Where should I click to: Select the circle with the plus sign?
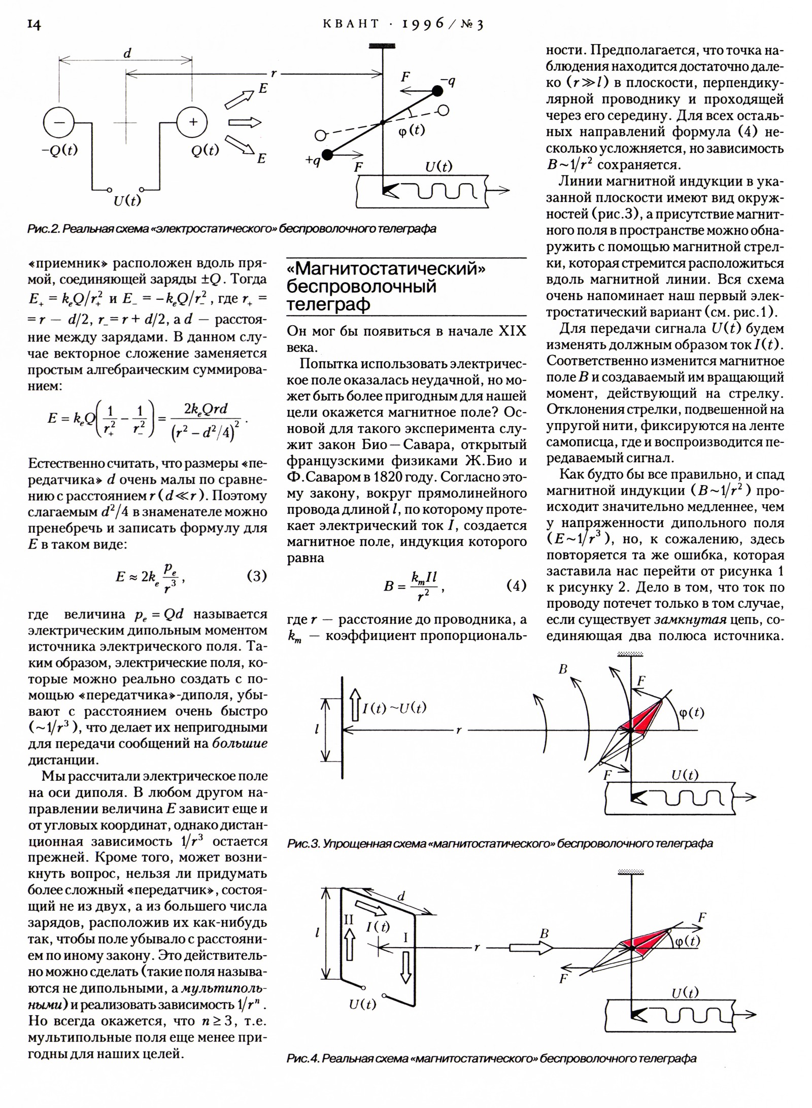pos(192,122)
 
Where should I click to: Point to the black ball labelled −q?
pos(436,91)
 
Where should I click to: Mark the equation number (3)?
pos(256,576)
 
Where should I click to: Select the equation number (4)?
pos(516,585)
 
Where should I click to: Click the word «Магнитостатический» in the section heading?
pos(386,268)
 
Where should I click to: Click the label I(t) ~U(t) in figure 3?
pos(394,708)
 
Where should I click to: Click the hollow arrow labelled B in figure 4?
pos(531,947)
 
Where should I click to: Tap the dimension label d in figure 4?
pos(401,897)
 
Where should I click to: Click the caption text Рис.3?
pos(303,843)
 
